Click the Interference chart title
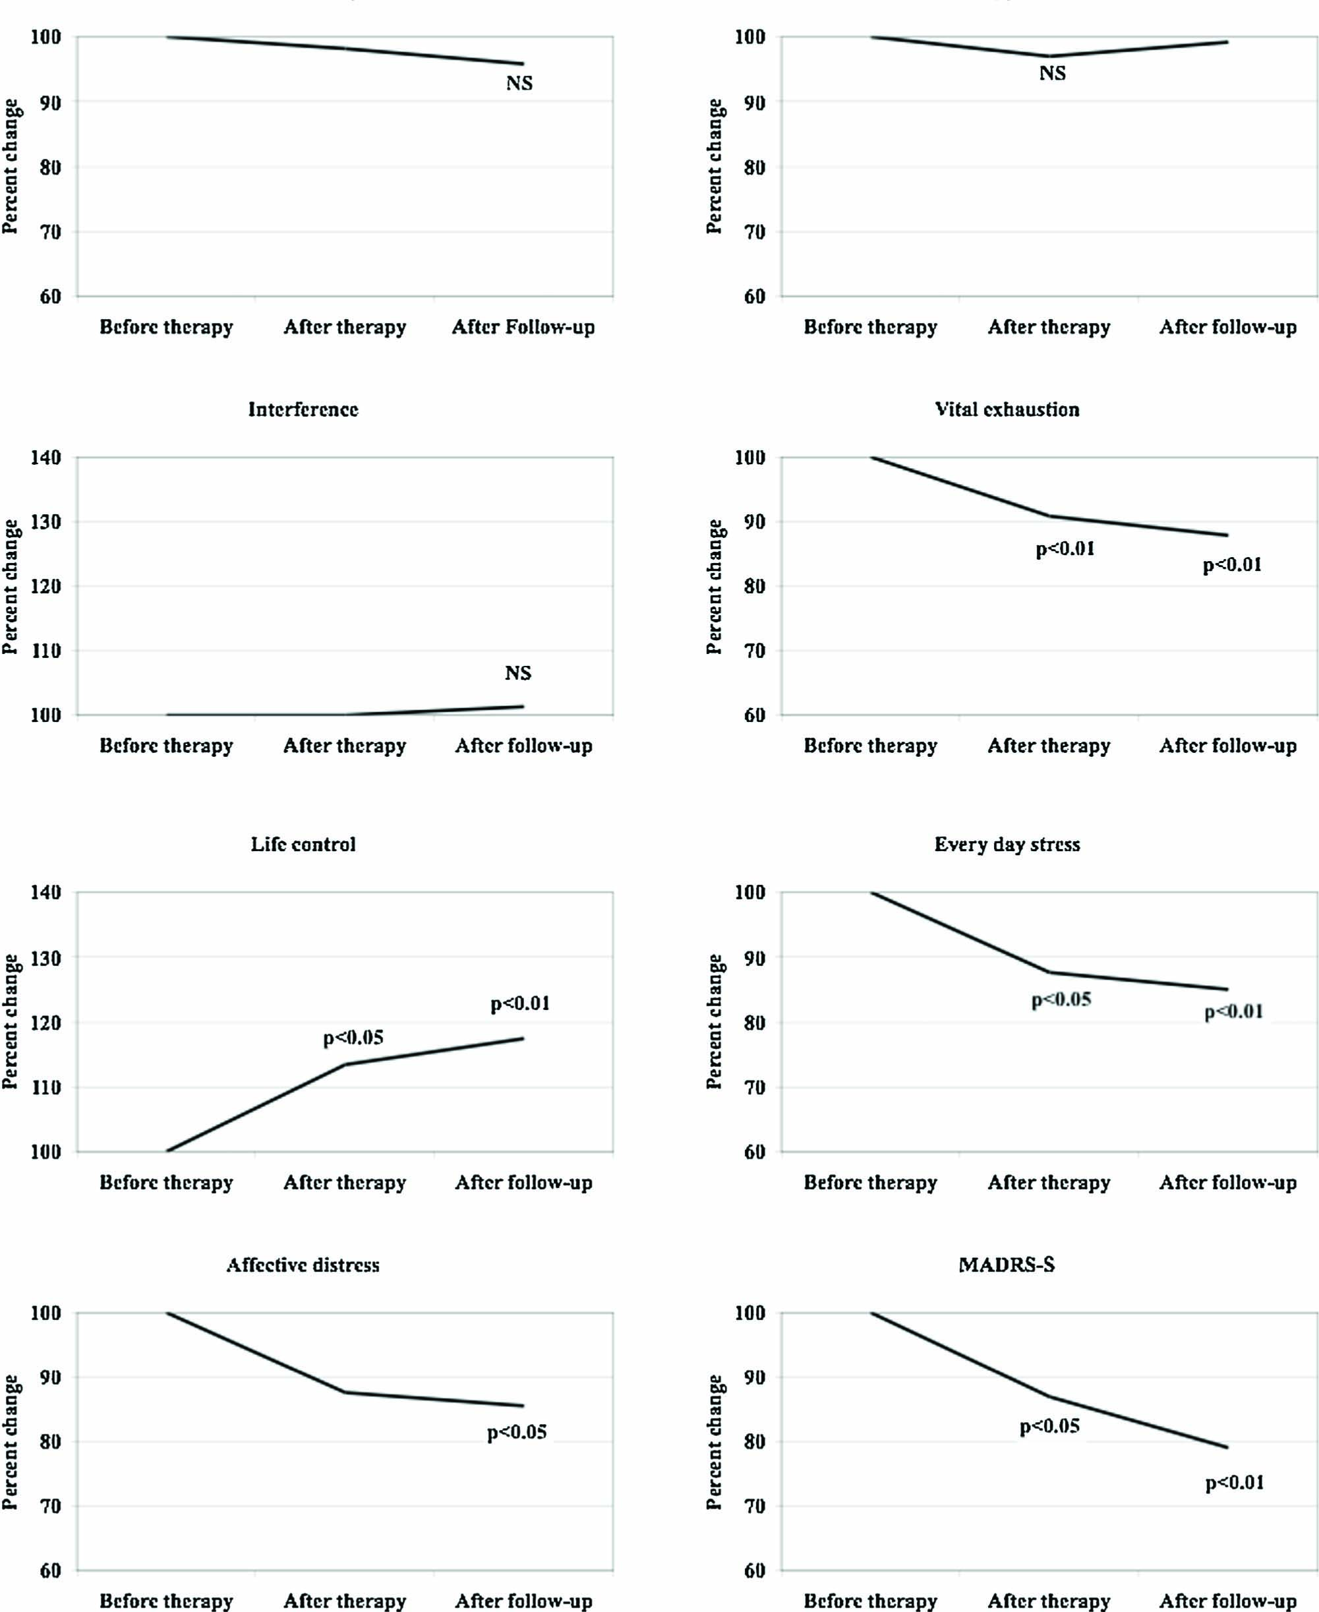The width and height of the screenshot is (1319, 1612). coord(303,409)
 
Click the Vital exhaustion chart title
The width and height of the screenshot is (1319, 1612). coord(1007,409)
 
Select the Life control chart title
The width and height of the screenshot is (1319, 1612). coord(303,845)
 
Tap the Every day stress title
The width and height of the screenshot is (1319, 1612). coord(1007,845)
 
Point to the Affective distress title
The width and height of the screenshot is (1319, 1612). coord(303,1265)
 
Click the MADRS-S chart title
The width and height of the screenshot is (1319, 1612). coord(1007,1265)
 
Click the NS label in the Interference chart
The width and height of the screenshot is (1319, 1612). coord(518,672)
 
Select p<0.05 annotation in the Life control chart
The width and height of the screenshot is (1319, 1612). coord(353,1038)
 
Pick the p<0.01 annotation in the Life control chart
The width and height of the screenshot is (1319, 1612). coord(519,1003)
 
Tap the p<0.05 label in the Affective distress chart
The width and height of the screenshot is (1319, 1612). coord(517,1432)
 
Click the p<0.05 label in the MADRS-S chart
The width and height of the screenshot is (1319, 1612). coord(1049,1426)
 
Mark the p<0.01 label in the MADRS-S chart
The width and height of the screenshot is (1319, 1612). coord(1235,1482)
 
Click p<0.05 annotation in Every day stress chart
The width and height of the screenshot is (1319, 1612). coord(1061,1000)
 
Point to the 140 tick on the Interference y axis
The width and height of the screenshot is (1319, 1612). coord(45,458)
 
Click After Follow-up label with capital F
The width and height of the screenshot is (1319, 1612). coord(523,327)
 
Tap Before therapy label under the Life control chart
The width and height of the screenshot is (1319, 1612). coord(165,1183)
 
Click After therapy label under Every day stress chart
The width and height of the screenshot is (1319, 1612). coord(1049,1183)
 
